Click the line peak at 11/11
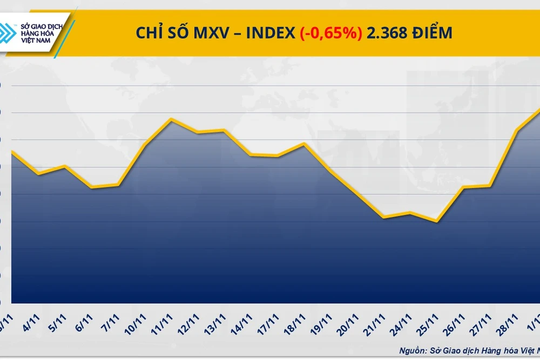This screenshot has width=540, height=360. point(171,119)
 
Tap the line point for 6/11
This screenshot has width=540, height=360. point(92,187)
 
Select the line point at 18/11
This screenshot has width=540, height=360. point(304,144)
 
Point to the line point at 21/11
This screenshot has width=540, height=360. point(383,218)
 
